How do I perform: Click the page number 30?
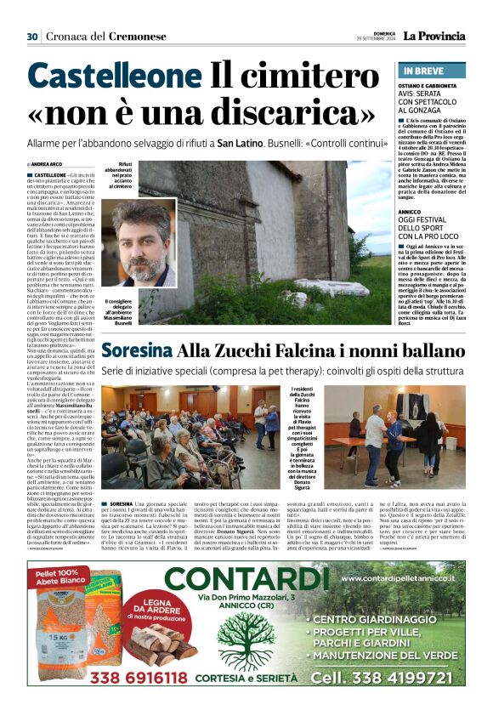32,36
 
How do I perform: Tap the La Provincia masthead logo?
434,36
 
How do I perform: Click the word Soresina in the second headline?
136,350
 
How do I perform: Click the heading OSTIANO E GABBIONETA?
431,86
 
